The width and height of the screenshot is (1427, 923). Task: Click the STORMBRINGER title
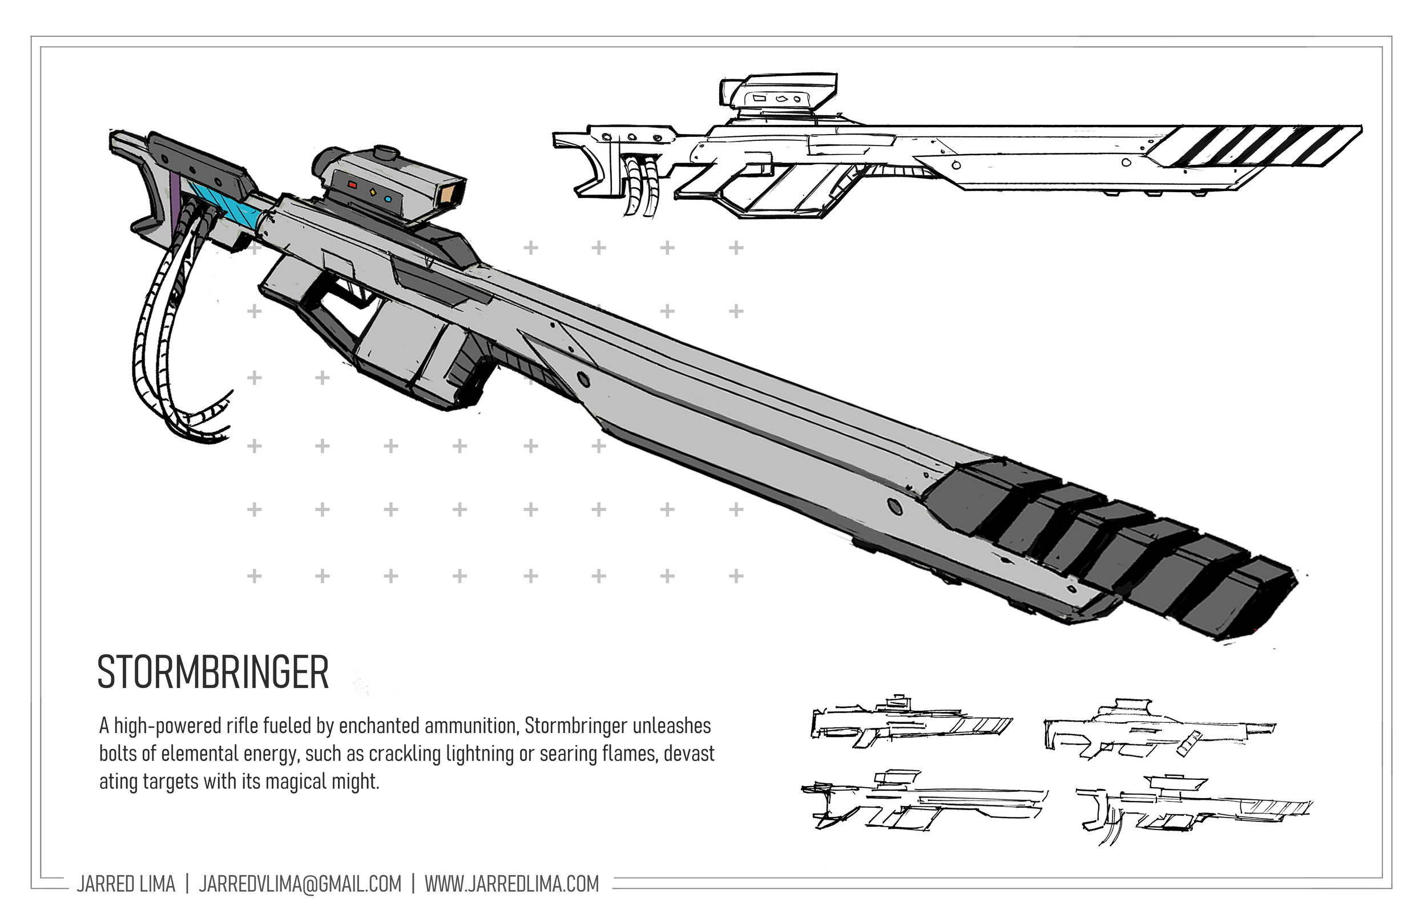(213, 672)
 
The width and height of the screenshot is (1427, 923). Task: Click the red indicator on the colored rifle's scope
(353, 185)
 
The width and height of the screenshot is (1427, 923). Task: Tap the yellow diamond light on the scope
(371, 192)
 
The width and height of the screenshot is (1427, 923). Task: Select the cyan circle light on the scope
(388, 199)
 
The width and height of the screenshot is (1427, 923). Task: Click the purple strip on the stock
(174, 204)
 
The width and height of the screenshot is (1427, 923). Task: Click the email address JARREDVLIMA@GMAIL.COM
(300, 884)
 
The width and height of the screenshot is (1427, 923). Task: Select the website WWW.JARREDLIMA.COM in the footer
(511, 884)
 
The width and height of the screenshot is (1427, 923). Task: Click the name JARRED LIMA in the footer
(126, 884)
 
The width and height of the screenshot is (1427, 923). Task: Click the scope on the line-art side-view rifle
(780, 96)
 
